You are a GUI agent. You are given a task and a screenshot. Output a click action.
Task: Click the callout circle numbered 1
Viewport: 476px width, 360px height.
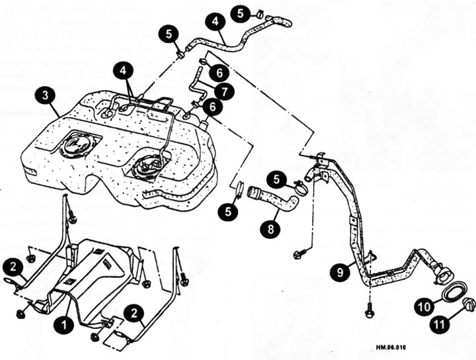coord(65,324)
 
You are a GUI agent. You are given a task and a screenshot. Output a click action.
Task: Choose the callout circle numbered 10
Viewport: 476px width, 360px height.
coord(424,306)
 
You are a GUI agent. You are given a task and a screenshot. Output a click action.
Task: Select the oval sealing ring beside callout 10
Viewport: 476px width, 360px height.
coord(453,292)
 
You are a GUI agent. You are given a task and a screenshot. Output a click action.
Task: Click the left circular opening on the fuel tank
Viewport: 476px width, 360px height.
coord(81,146)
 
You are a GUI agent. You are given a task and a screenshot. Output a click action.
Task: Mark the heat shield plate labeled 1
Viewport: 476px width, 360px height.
coord(99,271)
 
